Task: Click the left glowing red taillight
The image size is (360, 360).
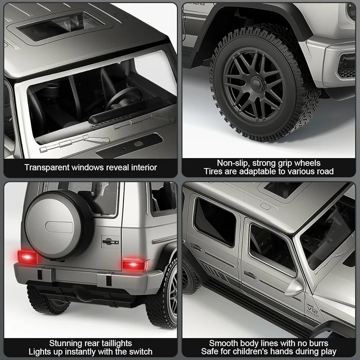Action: click(x=27, y=257)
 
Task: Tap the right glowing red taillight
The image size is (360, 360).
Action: click(x=134, y=265)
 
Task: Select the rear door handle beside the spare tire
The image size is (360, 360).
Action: click(x=111, y=242)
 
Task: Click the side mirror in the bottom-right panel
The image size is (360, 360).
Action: click(x=294, y=288)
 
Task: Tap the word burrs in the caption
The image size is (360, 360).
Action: click(x=319, y=343)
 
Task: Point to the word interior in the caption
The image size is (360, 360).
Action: click(x=144, y=167)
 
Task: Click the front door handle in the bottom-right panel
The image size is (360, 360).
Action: click(x=250, y=275)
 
